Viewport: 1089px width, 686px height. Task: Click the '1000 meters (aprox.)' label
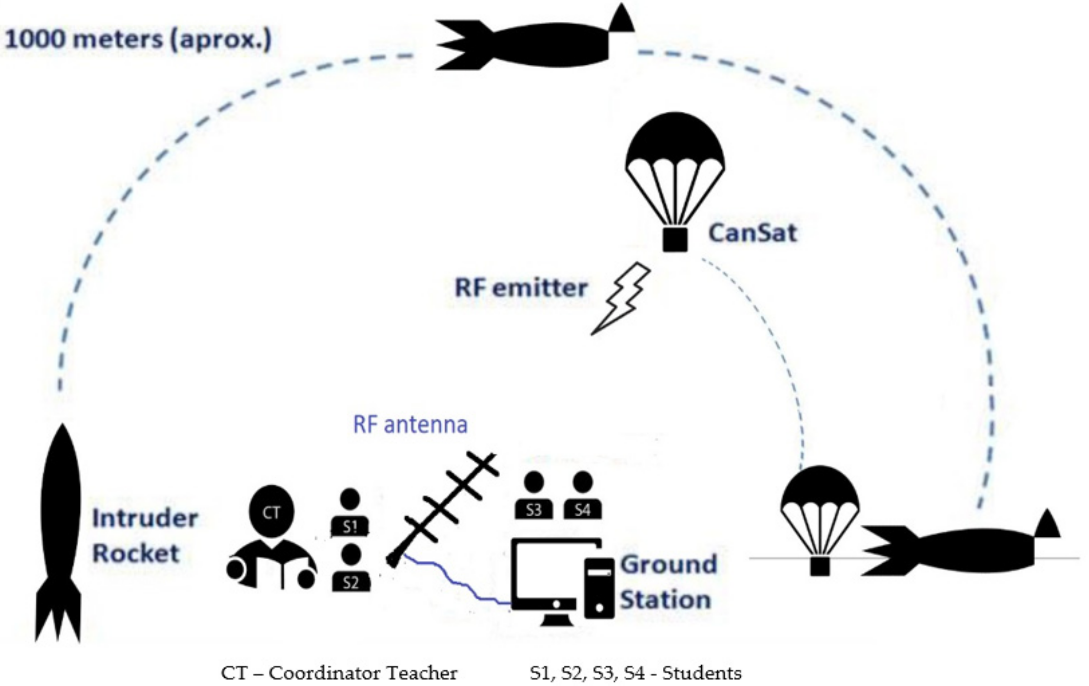(x=138, y=40)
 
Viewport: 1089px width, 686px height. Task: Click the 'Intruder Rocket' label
(x=145, y=536)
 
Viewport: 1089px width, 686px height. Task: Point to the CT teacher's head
(x=271, y=512)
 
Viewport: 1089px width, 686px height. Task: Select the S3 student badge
(x=534, y=510)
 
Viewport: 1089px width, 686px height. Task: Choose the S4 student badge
(x=583, y=510)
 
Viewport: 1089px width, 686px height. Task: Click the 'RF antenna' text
(x=410, y=425)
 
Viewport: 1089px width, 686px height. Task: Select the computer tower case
(x=599, y=588)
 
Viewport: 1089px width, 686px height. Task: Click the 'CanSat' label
(x=752, y=233)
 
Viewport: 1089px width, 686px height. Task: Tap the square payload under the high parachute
(x=675, y=239)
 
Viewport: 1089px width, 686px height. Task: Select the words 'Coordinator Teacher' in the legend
(x=363, y=673)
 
